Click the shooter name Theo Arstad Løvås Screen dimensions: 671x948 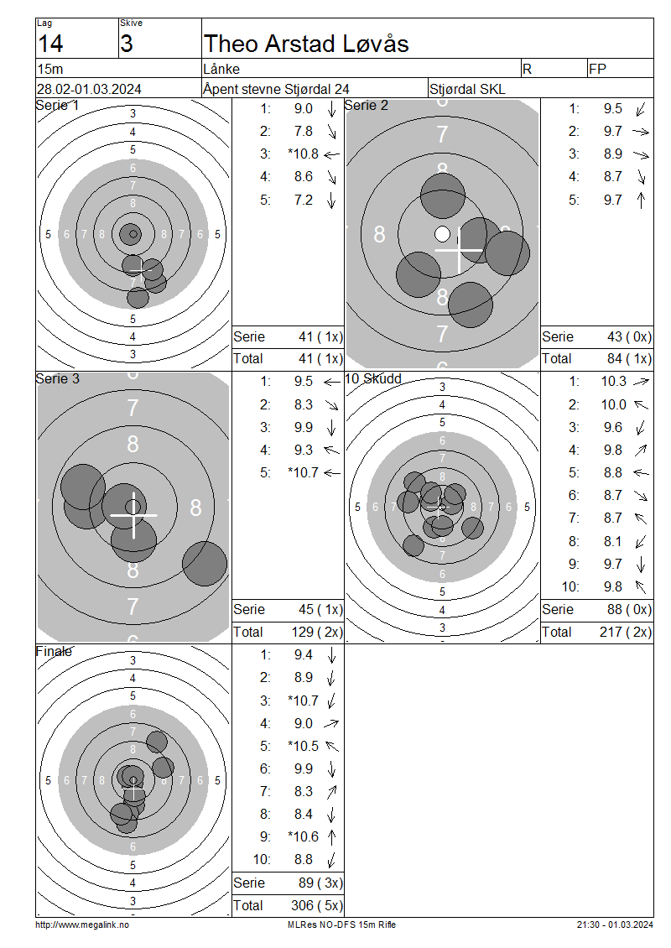pos(306,44)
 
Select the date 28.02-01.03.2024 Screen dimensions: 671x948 pos(90,90)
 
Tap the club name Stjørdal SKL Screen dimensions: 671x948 pos(467,90)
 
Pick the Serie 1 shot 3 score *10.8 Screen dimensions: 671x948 pos(304,154)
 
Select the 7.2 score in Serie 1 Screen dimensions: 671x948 pos(304,201)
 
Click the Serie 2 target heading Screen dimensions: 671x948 pos(367,105)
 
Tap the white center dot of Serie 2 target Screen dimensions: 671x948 pos(443,234)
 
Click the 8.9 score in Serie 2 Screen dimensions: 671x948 pos(613,154)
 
